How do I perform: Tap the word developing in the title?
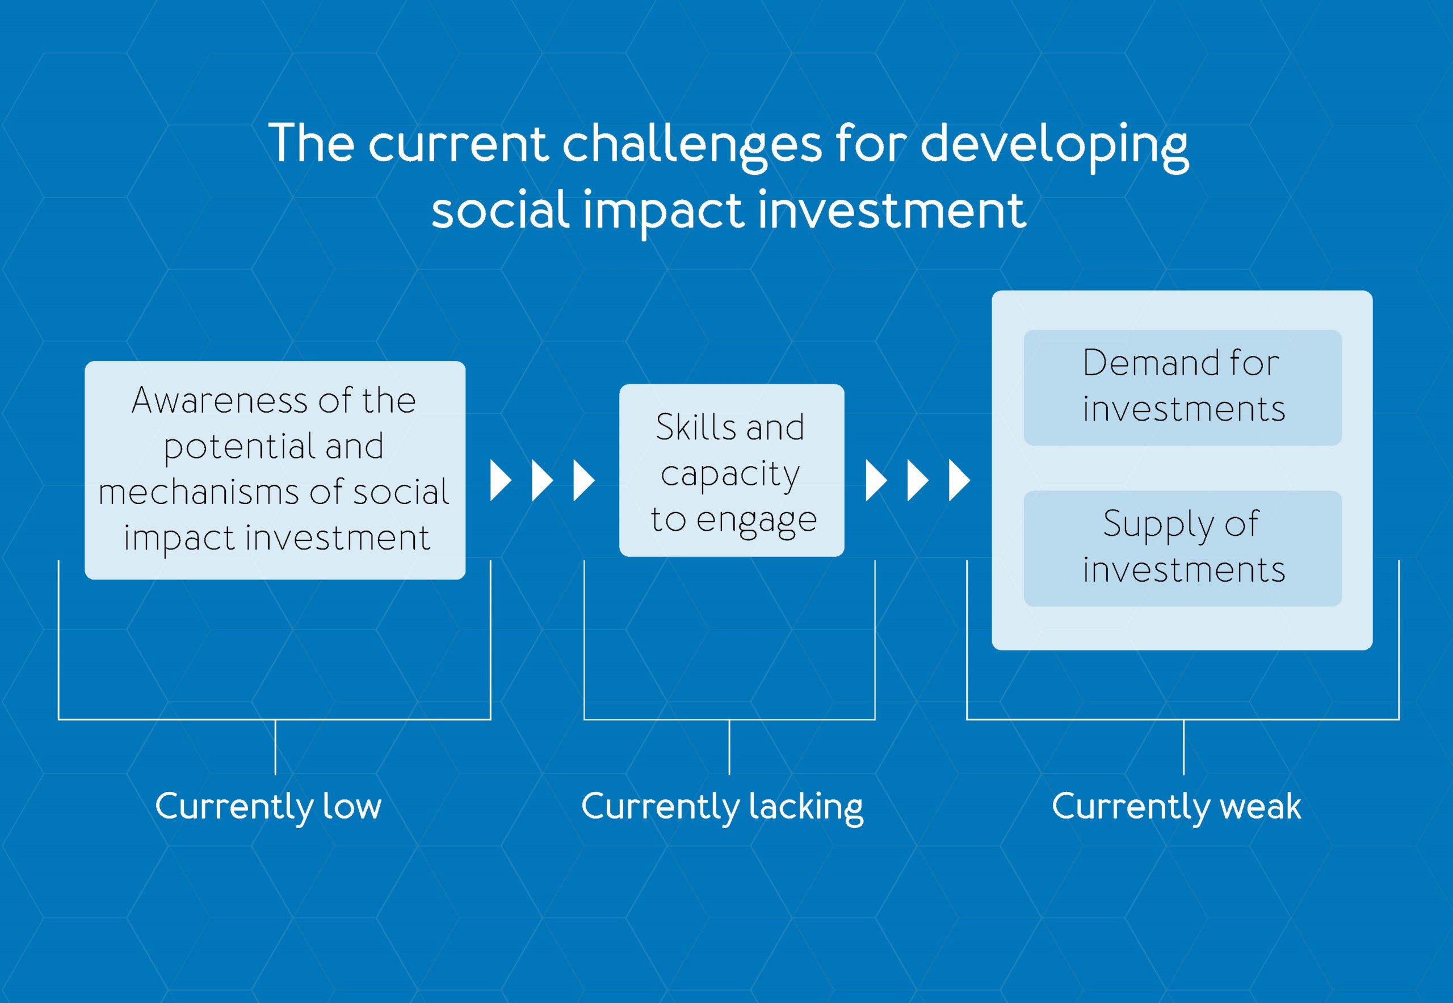(x=1054, y=145)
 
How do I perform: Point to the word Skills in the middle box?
(x=696, y=427)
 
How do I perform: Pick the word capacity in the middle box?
(x=730, y=475)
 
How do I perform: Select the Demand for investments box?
(x=1183, y=387)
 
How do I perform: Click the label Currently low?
(x=268, y=806)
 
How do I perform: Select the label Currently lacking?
(x=722, y=807)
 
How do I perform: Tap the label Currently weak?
(x=1177, y=806)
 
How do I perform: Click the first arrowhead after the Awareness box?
(x=501, y=480)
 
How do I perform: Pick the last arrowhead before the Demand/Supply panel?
(x=959, y=480)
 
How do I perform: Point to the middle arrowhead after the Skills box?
(x=918, y=480)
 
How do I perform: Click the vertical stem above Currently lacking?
(x=729, y=747)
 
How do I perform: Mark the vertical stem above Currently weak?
(x=1183, y=747)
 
